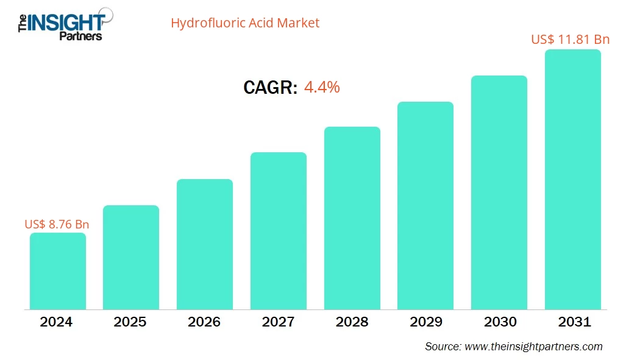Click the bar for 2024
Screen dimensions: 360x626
58,271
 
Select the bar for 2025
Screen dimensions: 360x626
131,257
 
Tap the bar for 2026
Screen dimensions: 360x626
205,244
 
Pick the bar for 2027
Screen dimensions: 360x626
279,231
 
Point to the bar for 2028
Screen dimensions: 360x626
352,218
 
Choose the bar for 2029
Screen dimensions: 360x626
425,205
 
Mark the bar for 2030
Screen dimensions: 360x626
499,192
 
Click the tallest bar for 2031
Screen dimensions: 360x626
573,180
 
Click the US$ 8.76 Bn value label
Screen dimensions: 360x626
57,224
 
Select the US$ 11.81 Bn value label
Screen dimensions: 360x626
570,40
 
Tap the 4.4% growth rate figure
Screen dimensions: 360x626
321,87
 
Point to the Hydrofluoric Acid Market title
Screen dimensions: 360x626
245,23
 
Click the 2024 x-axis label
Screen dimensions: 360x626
57,322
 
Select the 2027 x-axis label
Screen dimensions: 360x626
279,322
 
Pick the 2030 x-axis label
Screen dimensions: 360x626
499,322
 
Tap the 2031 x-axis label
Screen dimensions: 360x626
573,322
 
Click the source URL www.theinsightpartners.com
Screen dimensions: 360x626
533,347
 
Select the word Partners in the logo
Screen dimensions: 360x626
80,36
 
